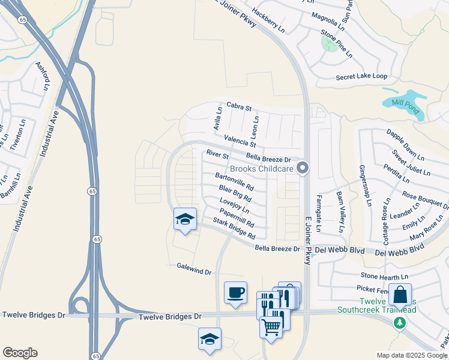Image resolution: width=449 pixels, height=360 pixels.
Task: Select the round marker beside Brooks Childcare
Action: point(303,169)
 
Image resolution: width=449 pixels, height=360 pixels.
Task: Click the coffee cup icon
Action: point(235,293)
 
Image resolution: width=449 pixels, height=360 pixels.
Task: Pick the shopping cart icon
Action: point(271,326)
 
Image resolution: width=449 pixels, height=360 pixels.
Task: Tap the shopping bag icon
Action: point(400,295)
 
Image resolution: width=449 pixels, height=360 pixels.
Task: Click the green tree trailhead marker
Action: point(399,323)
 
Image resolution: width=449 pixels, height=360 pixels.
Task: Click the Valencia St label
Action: point(240,142)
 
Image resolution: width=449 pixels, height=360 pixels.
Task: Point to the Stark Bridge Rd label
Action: point(234,229)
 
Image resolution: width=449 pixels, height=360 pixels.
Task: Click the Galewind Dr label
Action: point(194,268)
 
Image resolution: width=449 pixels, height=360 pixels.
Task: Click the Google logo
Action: point(20,353)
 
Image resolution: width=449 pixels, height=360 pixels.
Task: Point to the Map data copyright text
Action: point(412,355)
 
